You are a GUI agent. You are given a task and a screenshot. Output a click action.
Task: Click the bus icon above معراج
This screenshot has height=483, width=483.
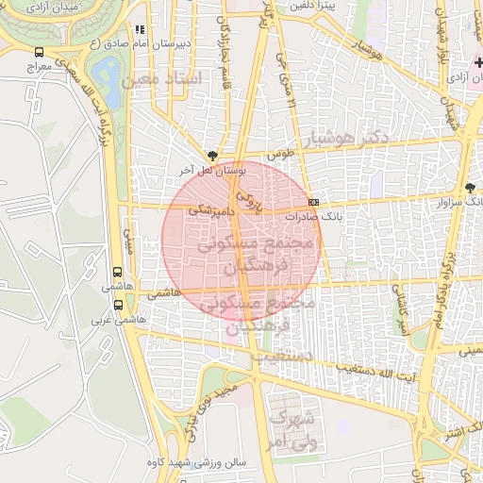pos(39,53)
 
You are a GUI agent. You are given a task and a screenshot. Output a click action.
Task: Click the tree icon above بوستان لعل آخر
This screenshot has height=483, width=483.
pos(212,155)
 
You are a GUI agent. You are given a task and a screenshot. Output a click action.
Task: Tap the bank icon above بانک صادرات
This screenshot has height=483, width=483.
pos(314,201)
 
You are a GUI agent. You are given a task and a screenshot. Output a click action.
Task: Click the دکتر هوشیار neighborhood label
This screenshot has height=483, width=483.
pos(348,139)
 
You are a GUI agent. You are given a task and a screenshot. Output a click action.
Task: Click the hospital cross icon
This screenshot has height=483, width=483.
pos(477,62)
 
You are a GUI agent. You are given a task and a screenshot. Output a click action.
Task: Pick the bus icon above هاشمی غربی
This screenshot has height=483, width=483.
pos(118,305)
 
